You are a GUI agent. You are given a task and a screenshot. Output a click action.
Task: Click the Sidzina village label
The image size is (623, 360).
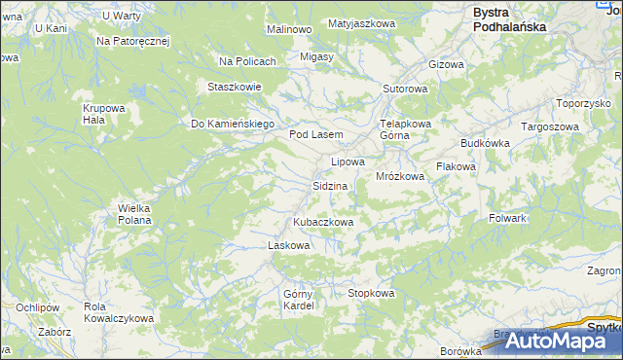(330, 185)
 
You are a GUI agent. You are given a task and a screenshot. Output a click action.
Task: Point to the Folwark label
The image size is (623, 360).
(507, 218)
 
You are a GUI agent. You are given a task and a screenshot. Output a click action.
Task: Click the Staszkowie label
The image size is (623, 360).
(234, 87)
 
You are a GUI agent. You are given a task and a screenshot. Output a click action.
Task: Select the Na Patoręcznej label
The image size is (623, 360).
(133, 42)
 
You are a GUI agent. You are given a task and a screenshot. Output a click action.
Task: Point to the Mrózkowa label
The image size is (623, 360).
(400, 177)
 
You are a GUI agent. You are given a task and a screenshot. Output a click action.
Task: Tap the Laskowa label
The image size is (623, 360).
(288, 245)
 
